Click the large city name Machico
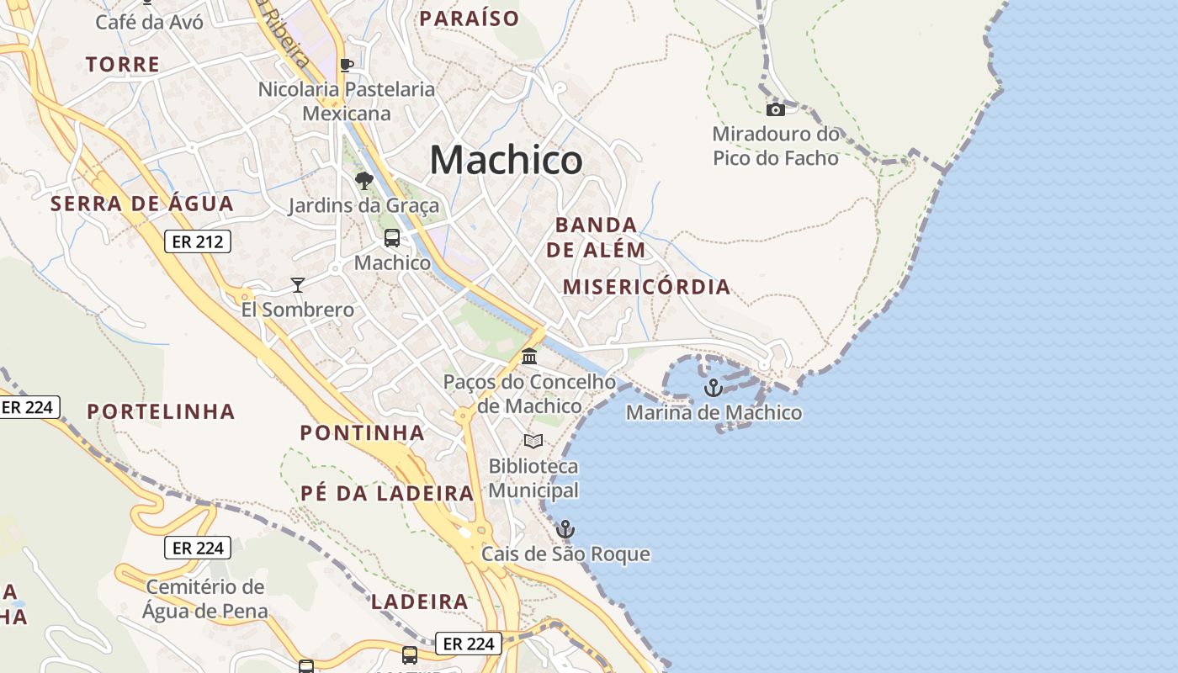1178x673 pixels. point(506,159)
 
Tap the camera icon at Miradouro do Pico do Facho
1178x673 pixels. point(775,109)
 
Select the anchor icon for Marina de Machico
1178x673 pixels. point(714,388)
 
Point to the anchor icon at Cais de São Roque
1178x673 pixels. point(565,529)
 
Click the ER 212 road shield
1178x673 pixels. point(198,242)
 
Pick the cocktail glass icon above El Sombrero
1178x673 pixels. point(297,284)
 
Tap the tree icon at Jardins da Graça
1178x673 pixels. point(364,180)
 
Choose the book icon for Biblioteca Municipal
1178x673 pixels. point(533,441)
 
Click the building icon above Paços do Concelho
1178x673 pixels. point(529,357)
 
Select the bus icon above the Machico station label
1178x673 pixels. point(392,238)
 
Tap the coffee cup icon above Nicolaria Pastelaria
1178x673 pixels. point(346,65)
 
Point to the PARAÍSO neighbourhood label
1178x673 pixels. point(470,19)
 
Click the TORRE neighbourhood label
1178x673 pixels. point(123,64)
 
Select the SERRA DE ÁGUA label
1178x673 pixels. point(142,204)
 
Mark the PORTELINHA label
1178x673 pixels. point(162,411)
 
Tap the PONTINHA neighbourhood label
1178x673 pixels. point(363,433)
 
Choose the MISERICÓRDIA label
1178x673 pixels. point(646,287)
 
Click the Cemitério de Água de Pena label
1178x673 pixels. point(205,599)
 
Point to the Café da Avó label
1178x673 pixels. point(149,22)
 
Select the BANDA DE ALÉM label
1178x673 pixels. point(596,237)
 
